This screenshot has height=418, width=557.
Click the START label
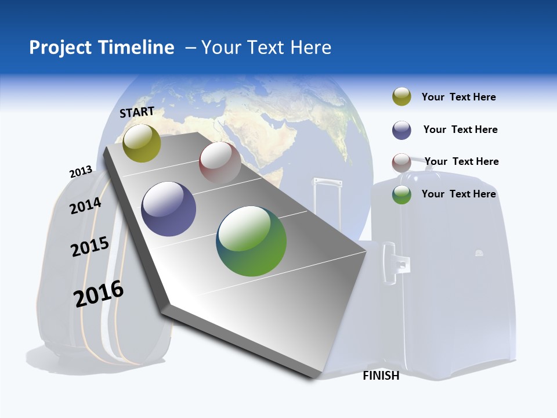[137, 112]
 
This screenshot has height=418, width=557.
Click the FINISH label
[381, 376]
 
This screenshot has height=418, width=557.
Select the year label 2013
[81, 172]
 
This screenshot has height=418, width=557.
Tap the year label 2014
[86, 206]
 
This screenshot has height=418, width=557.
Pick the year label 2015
[90, 247]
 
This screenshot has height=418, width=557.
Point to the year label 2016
[99, 294]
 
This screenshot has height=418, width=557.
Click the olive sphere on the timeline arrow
[142, 143]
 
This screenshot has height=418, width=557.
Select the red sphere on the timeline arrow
[220, 162]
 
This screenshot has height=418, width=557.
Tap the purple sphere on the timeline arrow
[168, 209]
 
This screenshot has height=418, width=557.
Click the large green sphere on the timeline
[251, 241]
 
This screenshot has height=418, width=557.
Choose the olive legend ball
[402, 97]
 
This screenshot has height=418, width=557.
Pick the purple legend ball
[402, 130]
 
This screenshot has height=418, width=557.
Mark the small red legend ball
[402, 163]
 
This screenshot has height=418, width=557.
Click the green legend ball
[402, 194]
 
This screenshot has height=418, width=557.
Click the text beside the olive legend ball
[458, 97]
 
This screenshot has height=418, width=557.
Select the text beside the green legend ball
[458, 194]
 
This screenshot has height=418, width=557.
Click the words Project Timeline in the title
[102, 47]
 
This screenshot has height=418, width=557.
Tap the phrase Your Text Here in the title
[266, 47]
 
